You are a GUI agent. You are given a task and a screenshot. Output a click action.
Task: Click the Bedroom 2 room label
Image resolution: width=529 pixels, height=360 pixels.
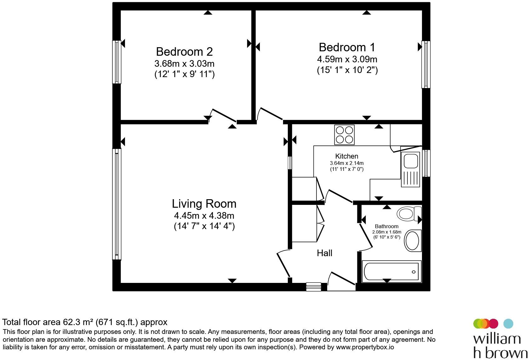click(x=184, y=52)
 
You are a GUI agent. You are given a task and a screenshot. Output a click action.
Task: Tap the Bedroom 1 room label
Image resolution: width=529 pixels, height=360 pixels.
click(x=347, y=47)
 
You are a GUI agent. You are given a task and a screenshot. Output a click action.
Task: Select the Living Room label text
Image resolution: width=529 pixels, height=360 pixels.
click(x=204, y=204)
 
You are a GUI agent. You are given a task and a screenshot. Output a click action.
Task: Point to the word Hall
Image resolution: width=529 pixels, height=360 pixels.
click(x=324, y=253)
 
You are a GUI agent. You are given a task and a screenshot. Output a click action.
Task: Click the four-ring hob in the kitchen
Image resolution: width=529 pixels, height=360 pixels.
click(x=344, y=135)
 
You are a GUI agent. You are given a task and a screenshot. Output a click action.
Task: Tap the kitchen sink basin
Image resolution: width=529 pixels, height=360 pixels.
click(x=411, y=161)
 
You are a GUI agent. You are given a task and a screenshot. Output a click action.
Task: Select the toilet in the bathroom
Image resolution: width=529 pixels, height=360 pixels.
click(x=409, y=214)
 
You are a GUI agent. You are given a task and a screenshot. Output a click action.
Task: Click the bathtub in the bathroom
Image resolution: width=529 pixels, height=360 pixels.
click(x=392, y=272)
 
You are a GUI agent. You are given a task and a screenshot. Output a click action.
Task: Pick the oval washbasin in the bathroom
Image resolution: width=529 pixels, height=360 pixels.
click(x=412, y=241)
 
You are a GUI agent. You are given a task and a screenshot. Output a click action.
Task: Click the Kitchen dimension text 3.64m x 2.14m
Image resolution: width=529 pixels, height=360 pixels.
click(x=347, y=163)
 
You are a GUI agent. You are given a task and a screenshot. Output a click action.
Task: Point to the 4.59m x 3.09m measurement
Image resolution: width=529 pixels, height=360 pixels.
click(x=347, y=59)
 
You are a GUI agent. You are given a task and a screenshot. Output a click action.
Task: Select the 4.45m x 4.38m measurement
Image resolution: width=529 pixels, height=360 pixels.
click(x=204, y=216)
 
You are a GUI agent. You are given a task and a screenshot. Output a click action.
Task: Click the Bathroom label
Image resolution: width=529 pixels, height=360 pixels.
click(x=387, y=226)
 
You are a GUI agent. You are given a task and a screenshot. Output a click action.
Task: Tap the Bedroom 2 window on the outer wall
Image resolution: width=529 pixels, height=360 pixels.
click(x=117, y=62)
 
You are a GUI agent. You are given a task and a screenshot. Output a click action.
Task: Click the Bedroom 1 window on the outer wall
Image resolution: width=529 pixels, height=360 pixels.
click(x=426, y=65)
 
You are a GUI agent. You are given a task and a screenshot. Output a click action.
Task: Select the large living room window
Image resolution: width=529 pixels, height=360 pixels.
click(x=117, y=204)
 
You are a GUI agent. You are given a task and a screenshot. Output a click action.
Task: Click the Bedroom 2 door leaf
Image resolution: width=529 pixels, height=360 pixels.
click(x=224, y=115)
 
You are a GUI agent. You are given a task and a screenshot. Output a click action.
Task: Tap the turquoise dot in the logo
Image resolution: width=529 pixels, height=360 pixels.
click(x=508, y=323)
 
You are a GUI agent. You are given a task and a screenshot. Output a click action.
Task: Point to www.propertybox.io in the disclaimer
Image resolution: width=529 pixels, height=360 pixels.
click(x=365, y=347)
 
